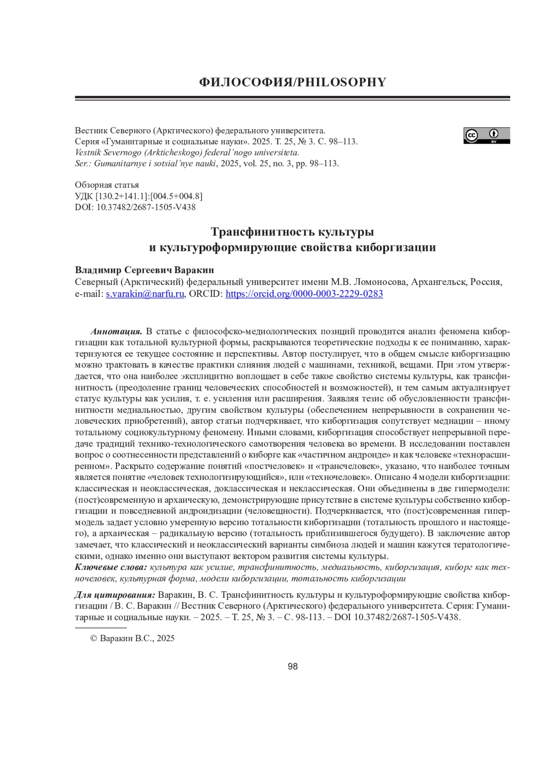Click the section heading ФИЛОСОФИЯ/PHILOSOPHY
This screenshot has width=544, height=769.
pyautogui.click(x=292, y=82)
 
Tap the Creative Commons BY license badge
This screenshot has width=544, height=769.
pyautogui.click(x=486, y=135)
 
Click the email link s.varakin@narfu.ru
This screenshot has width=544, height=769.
pyautogui.click(x=145, y=294)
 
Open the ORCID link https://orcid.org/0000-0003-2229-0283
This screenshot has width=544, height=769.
pyautogui.click(x=304, y=294)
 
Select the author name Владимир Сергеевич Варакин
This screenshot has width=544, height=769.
pyautogui.click(x=144, y=270)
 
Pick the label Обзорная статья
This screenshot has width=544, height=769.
pyautogui.click(x=107, y=185)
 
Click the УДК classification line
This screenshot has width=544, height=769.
pyautogui.click(x=138, y=196)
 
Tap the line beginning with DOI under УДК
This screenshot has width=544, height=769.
pyautogui.click(x=135, y=207)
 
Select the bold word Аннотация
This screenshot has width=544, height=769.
pyautogui.click(x=117, y=331)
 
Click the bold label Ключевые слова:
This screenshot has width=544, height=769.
pyautogui.click(x=111, y=567)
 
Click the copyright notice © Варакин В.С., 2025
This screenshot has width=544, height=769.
pyautogui.click(x=132, y=638)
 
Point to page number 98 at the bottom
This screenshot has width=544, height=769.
pyautogui.click(x=293, y=667)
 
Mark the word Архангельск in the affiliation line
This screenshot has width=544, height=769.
pyautogui.click(x=438, y=282)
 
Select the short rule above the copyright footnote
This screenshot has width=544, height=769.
pyautogui.click(x=100, y=628)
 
